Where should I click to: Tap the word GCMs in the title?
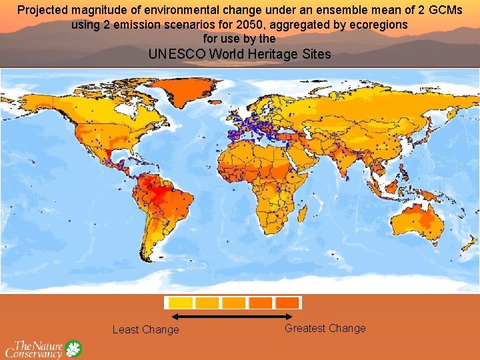tap(445, 10)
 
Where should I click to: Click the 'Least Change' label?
tap(145, 329)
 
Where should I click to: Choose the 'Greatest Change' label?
tap(325, 328)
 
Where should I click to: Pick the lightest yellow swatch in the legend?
tap(179, 303)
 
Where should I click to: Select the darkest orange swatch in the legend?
tap(287, 303)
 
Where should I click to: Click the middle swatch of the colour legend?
tap(233, 303)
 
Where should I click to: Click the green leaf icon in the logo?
tap(73, 349)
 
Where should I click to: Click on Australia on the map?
tap(421, 219)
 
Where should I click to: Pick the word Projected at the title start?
tap(43, 10)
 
